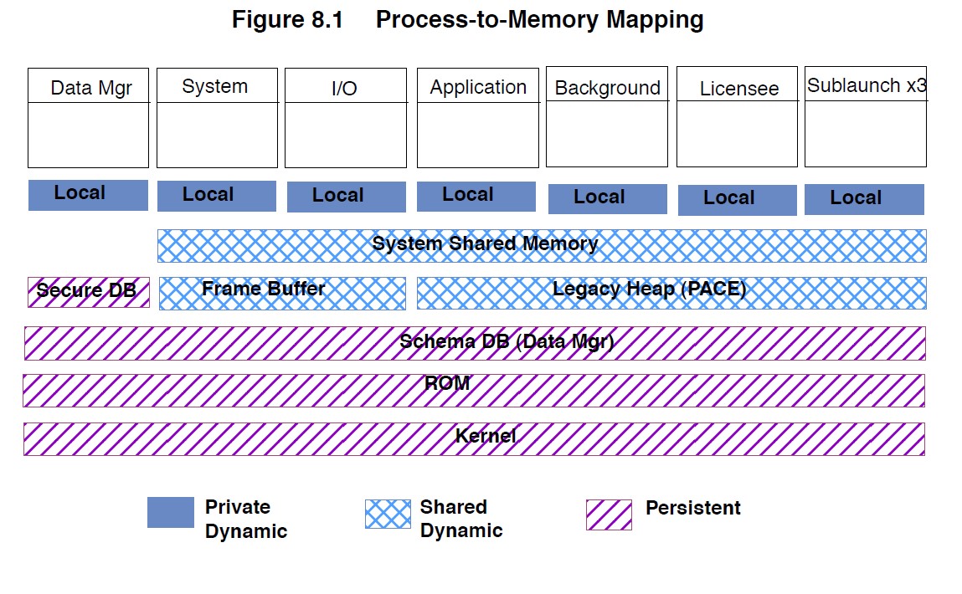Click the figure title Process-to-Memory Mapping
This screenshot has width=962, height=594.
(x=467, y=20)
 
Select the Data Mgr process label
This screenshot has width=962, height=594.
(x=91, y=88)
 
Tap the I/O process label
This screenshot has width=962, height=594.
(x=344, y=89)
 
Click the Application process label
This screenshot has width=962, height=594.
(x=478, y=87)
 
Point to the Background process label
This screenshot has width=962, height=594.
(x=607, y=88)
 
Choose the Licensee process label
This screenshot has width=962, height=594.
(x=738, y=89)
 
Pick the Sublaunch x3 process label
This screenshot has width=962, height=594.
(x=866, y=85)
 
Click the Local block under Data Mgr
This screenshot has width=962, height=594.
(x=88, y=194)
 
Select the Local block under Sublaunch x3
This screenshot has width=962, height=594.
(x=864, y=199)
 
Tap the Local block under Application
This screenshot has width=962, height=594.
(x=476, y=196)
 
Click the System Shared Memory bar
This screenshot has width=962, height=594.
(x=542, y=245)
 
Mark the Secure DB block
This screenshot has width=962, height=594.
(x=88, y=292)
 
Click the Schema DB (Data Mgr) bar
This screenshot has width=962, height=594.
(x=475, y=343)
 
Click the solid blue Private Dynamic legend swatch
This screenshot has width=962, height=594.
(x=170, y=513)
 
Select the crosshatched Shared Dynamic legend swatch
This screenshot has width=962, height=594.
(x=388, y=514)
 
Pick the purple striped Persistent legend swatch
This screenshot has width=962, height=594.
(x=609, y=515)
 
